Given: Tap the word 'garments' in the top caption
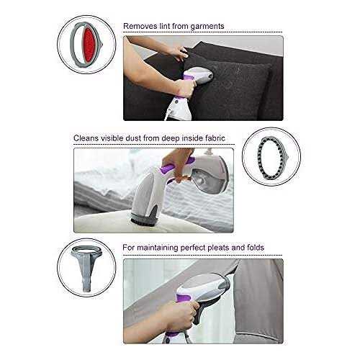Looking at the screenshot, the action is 207,27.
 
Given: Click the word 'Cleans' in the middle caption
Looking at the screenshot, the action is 86,138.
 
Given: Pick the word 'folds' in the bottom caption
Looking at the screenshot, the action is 255,248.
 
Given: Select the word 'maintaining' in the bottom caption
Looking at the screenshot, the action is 157,248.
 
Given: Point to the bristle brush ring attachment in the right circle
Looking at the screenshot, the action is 260,157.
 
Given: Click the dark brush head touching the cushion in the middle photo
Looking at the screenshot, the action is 143,218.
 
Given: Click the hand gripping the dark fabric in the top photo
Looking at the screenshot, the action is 176,53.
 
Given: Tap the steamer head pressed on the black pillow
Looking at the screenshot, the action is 202,75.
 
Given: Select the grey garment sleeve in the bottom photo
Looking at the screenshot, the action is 258,301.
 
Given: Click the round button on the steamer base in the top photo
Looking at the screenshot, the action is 176,102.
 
